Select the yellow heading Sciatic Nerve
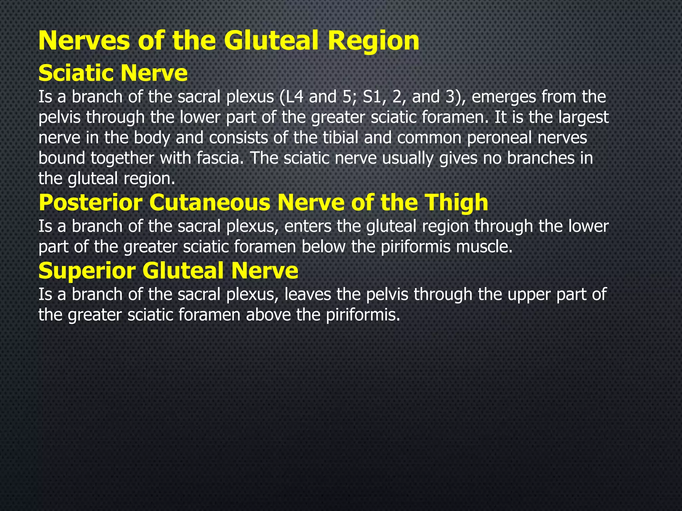pos(113,73)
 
